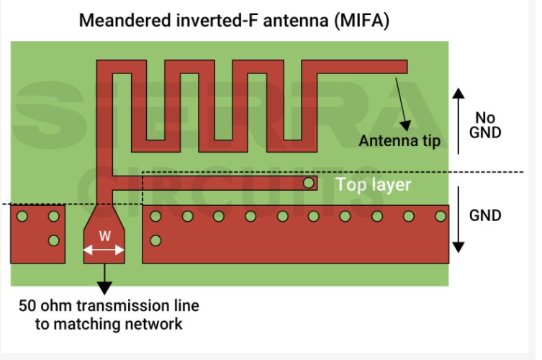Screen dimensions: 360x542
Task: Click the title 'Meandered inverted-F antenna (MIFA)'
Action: pos(234,20)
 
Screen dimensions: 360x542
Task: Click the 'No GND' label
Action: pos(484,125)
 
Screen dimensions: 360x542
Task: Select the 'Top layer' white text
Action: pos(373,185)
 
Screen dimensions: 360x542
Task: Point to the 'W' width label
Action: pos(104,235)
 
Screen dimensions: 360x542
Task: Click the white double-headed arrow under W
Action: pos(104,251)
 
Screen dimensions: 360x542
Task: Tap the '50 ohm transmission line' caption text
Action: pos(109,305)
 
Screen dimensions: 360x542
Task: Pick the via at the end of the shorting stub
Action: pos(309,183)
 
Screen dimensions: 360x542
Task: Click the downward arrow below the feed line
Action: pos(104,277)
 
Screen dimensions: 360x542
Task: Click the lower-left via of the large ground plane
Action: pos(155,240)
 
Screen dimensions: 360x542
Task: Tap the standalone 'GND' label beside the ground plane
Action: pos(484,215)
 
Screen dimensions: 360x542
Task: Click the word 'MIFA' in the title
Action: pos(362,20)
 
